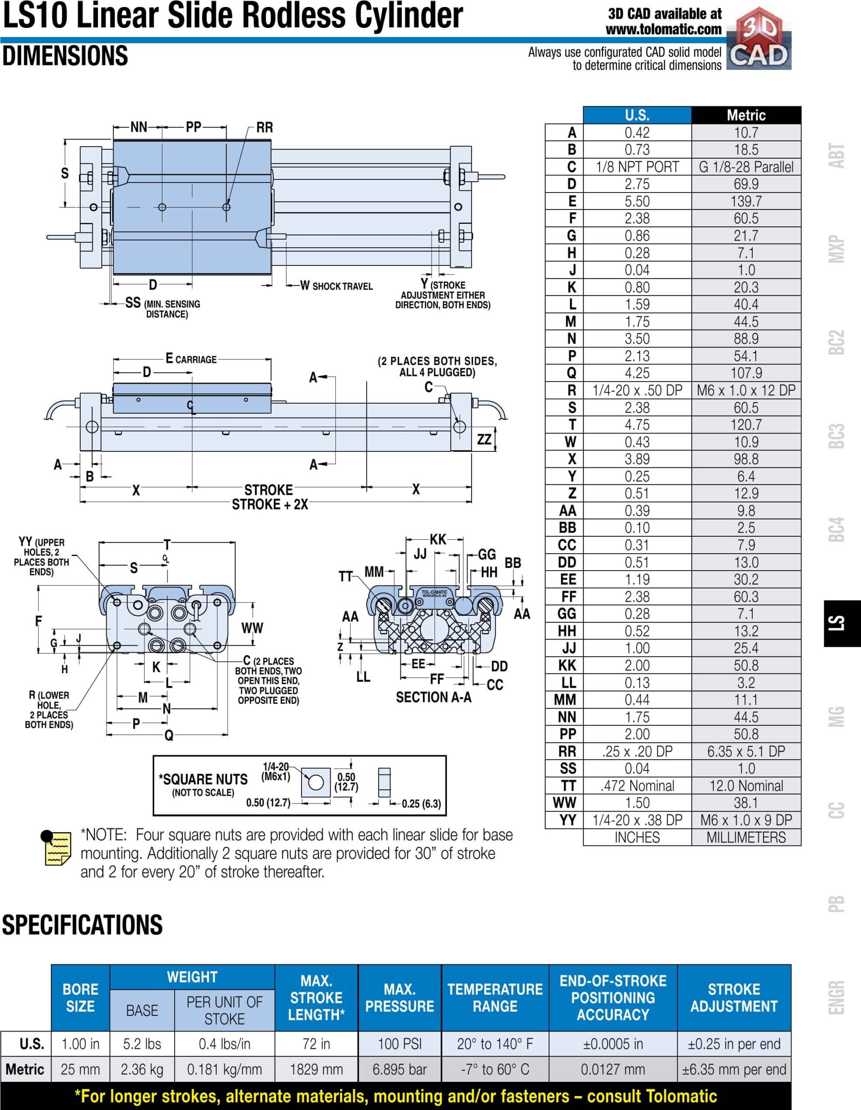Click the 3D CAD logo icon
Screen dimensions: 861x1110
click(759, 39)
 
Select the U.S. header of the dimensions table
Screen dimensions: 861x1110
click(637, 115)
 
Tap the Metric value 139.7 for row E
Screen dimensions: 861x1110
click(746, 201)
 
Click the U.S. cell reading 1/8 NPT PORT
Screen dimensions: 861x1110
click(637, 166)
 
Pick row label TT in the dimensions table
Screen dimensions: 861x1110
click(568, 786)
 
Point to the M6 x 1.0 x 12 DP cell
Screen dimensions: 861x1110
click(746, 390)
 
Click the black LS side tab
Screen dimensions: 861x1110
click(842, 623)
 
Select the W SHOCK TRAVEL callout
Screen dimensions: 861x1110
click(336, 286)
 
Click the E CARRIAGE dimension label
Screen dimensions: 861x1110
click(191, 359)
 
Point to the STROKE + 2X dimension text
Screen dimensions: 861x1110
click(270, 504)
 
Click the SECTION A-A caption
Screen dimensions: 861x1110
click(433, 697)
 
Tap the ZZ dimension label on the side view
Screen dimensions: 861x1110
click(484, 439)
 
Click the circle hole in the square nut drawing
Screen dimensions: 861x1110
click(316, 782)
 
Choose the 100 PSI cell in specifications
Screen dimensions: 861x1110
click(400, 1044)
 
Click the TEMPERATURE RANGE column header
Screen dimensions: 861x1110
click(495, 998)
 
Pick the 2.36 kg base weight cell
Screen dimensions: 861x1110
click(142, 1069)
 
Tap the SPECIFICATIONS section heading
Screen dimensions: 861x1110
click(82, 924)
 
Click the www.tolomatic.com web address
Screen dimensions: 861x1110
click(663, 29)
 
